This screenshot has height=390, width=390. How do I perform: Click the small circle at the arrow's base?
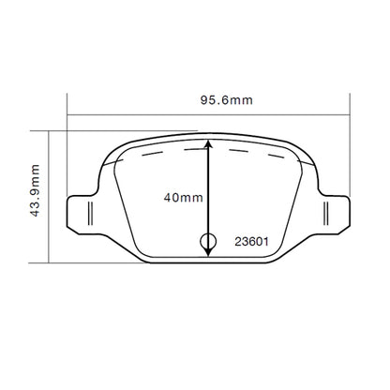208,243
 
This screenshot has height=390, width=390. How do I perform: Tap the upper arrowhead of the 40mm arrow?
208,146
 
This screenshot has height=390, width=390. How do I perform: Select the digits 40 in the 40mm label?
169,198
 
